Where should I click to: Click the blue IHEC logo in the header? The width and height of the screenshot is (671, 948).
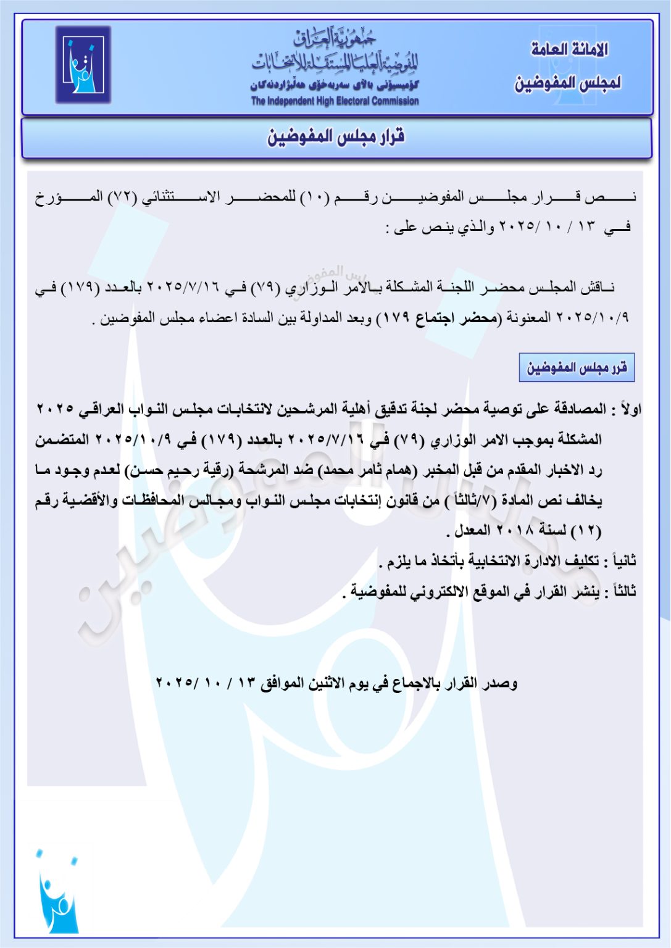[x=83, y=64]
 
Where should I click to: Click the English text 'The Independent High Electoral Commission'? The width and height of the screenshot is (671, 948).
[x=335, y=101]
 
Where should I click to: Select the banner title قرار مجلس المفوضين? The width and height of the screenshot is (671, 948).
[x=336, y=136]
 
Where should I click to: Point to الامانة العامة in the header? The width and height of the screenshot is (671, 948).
[x=569, y=49]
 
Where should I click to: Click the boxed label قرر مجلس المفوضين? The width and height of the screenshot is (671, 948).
[x=577, y=368]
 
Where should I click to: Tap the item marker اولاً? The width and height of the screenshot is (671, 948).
[x=630, y=409]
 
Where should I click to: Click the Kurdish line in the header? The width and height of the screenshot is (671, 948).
[x=335, y=85]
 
